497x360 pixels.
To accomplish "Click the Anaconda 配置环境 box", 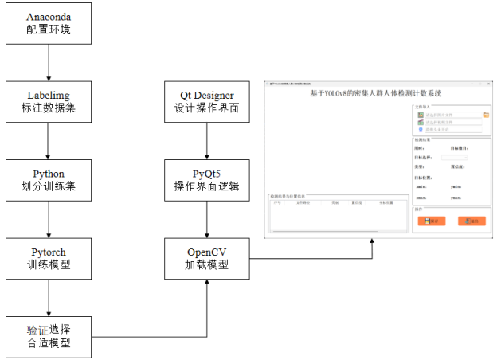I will [x=49, y=23].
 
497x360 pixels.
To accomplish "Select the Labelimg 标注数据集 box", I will [x=49, y=100].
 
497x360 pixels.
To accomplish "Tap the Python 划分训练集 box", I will [x=49, y=180].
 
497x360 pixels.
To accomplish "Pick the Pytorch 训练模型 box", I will [x=49, y=258].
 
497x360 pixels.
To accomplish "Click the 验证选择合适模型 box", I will [x=49, y=336].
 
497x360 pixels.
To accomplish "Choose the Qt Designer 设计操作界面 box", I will [x=207, y=100].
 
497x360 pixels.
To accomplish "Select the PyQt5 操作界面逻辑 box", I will [x=207, y=180].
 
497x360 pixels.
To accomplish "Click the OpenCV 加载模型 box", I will [x=207, y=258].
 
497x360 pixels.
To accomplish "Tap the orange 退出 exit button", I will [x=472, y=221].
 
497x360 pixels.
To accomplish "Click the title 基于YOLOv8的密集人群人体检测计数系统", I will [x=375, y=93].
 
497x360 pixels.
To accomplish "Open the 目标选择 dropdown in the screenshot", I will [x=455, y=157].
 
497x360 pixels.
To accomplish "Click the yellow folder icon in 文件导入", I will [x=487, y=115].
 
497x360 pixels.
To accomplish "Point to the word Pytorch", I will [x=49, y=252].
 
